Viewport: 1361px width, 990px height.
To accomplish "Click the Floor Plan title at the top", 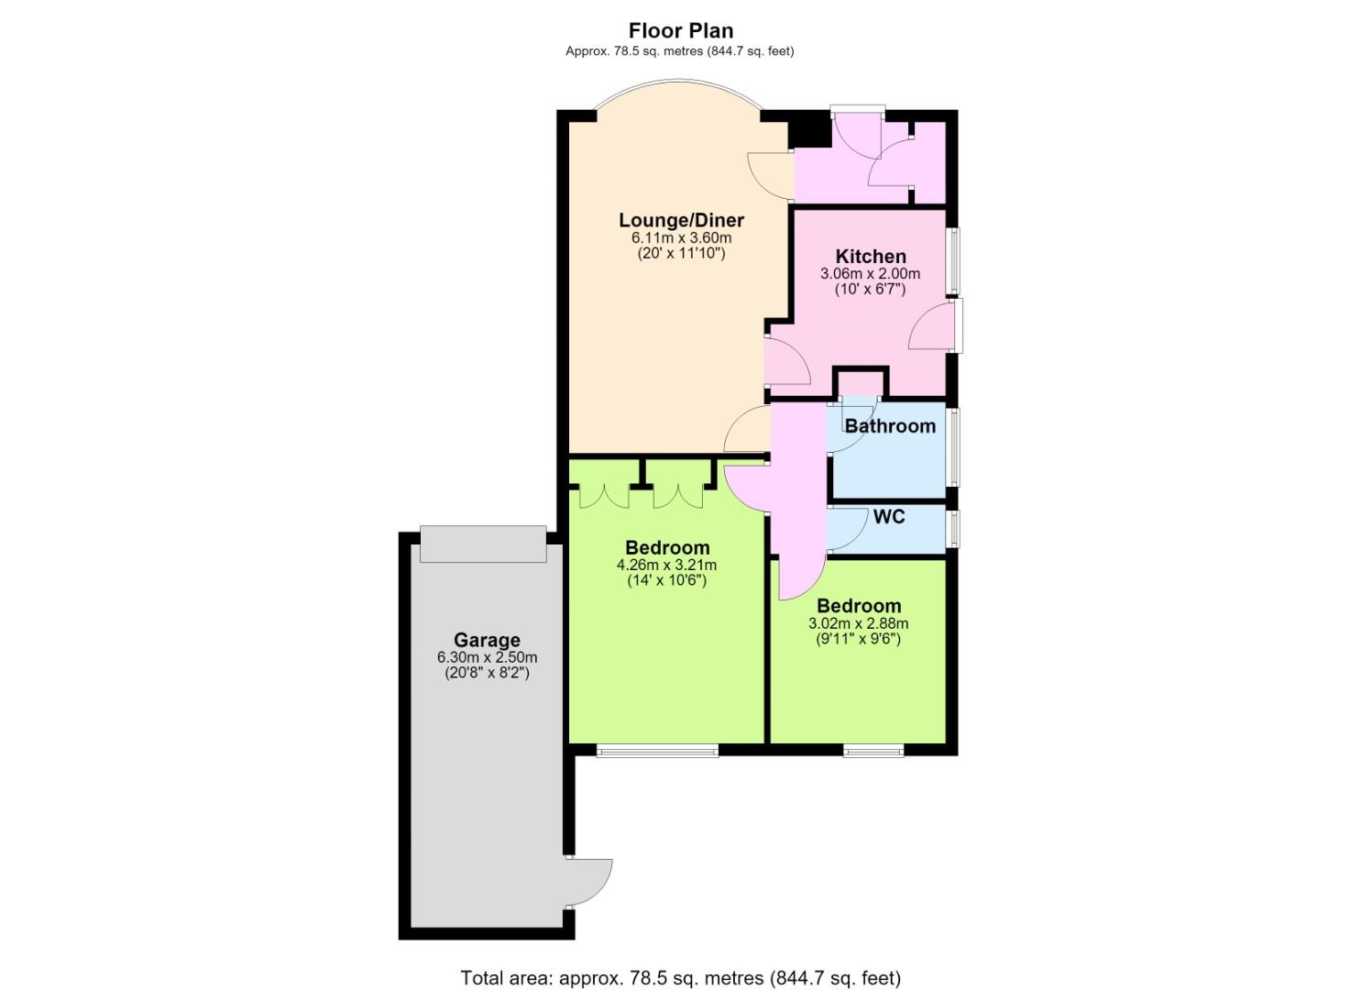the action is (x=680, y=30).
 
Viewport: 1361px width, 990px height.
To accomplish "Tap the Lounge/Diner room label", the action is (x=681, y=220).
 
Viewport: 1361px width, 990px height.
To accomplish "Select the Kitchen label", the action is (x=870, y=257).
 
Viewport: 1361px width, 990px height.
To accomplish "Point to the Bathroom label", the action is (x=890, y=426).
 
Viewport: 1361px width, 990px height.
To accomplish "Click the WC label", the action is (x=889, y=517).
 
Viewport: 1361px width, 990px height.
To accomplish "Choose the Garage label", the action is (x=487, y=641).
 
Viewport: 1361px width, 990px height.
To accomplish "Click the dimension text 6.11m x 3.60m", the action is (x=681, y=237).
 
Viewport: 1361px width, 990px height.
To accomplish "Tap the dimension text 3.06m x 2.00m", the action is (x=870, y=274).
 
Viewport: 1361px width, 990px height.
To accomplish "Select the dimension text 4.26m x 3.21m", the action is (x=666, y=566).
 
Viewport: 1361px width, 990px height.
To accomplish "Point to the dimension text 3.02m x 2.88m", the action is (x=858, y=623).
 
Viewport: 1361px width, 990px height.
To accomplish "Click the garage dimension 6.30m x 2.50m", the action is (x=487, y=657).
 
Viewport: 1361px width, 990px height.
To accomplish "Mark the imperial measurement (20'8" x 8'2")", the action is (x=487, y=674).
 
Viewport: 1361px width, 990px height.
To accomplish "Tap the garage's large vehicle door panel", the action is (x=483, y=544).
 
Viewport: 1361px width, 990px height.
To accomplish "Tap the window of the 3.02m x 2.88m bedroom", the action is (x=873, y=752).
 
